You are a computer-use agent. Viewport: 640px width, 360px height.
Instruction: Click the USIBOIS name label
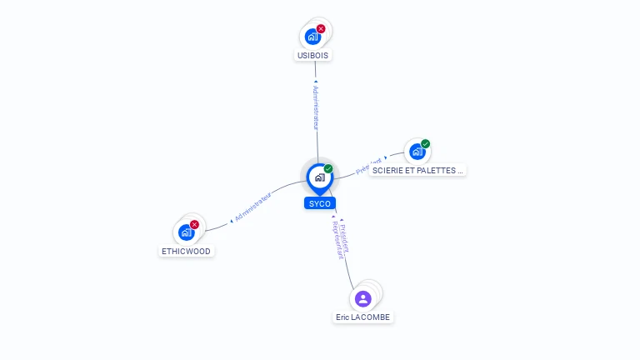click(x=313, y=56)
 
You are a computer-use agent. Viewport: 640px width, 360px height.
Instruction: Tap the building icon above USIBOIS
click(x=312, y=37)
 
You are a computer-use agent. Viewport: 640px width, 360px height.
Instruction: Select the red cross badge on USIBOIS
click(x=321, y=29)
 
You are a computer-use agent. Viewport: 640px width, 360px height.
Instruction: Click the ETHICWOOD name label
click(x=187, y=251)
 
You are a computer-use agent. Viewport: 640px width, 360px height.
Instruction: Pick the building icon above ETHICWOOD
click(x=186, y=232)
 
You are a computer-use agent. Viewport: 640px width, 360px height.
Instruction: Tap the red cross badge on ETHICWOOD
click(x=194, y=224)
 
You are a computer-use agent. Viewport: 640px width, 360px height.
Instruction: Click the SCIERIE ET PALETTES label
click(x=417, y=170)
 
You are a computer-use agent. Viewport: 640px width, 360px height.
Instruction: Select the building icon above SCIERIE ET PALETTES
click(x=417, y=152)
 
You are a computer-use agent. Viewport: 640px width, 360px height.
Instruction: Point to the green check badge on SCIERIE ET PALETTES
click(x=425, y=144)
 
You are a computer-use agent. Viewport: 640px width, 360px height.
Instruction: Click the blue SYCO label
click(x=320, y=203)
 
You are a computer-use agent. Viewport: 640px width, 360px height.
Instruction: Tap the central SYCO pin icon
click(x=320, y=177)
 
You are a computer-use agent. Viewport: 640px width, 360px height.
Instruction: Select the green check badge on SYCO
click(x=328, y=169)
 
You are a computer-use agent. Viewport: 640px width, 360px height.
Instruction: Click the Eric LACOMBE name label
click(x=362, y=317)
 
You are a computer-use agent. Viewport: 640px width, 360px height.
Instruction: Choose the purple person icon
click(x=362, y=298)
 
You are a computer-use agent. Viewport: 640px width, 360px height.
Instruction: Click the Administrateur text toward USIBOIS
click(x=316, y=106)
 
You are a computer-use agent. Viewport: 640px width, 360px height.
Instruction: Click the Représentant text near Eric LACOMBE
click(x=337, y=241)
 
